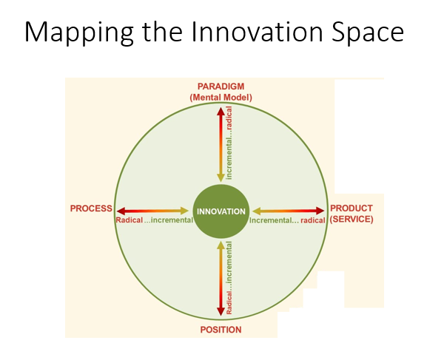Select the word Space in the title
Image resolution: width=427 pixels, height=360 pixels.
click(x=366, y=33)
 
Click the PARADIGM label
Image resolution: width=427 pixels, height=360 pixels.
click(x=221, y=86)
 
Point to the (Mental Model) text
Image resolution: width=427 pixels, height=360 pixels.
click(x=221, y=97)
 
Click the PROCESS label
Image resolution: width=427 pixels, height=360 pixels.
click(x=91, y=209)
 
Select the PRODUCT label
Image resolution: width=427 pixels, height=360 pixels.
click(x=352, y=208)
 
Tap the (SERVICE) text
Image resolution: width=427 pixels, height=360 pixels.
click(x=352, y=220)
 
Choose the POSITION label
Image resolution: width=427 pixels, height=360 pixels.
click(x=221, y=329)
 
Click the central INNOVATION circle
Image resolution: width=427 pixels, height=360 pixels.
click(x=221, y=211)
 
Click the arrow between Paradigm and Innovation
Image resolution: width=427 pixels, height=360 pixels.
click(x=221, y=144)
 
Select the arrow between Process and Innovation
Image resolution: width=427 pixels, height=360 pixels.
click(x=152, y=211)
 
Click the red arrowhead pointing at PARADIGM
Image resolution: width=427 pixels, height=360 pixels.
click(x=221, y=111)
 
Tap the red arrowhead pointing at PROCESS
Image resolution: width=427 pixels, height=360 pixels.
click(x=121, y=211)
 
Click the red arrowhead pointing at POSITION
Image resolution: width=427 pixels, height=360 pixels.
click(x=221, y=313)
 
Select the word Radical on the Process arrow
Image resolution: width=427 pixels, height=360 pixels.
click(x=130, y=220)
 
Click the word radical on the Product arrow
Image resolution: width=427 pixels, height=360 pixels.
click(x=312, y=220)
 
